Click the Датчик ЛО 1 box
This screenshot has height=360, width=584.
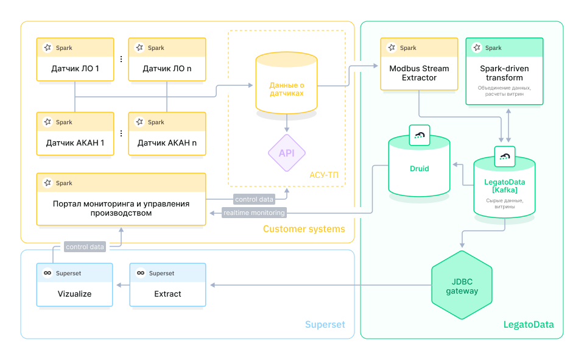tap(75, 60)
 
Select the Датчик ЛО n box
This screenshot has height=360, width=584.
tap(167, 60)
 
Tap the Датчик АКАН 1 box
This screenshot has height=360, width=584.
tap(75, 134)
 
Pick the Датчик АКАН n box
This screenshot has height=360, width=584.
tap(167, 134)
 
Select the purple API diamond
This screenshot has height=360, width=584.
tap(286, 153)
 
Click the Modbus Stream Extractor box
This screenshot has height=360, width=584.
tap(419, 64)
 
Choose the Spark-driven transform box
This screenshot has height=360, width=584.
tap(504, 71)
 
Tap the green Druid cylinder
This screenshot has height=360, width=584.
tap(419, 168)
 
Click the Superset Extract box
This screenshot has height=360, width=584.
tap(167, 284)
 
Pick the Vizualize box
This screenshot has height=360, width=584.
tap(75, 284)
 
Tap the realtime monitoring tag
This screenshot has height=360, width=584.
tap(254, 213)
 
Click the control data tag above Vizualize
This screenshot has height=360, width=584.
tap(85, 247)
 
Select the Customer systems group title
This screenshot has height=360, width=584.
tap(304, 229)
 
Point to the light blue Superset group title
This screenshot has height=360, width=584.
tap(325, 325)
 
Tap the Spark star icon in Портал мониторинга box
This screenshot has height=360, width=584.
tap(47, 183)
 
